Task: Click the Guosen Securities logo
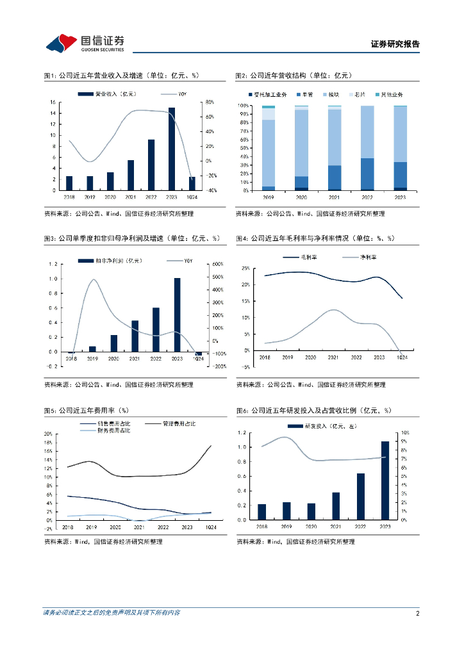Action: click(85, 43)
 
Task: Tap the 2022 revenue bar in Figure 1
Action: click(151, 165)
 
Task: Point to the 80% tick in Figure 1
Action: click(209, 102)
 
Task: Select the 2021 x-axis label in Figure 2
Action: click(335, 197)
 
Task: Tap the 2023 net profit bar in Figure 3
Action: click(177, 315)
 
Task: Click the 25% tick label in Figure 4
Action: click(245, 267)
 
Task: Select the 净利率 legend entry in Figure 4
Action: click(368, 258)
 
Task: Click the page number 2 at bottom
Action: click(417, 613)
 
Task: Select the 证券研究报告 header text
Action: click(395, 44)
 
